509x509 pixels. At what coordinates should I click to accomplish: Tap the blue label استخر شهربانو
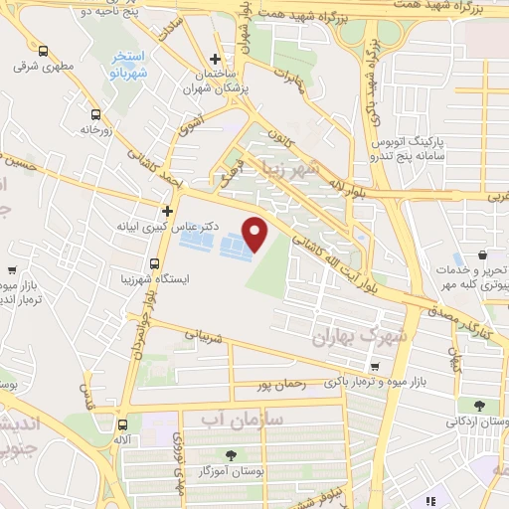click(128, 67)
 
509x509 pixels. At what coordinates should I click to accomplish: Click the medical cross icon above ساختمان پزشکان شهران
click(215, 59)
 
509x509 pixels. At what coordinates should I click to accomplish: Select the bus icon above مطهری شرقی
click(43, 51)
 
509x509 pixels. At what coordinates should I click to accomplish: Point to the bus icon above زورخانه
click(95, 113)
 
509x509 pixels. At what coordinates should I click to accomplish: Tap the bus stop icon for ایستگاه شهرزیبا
click(154, 263)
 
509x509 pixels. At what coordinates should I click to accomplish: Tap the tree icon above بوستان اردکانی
click(479, 405)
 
